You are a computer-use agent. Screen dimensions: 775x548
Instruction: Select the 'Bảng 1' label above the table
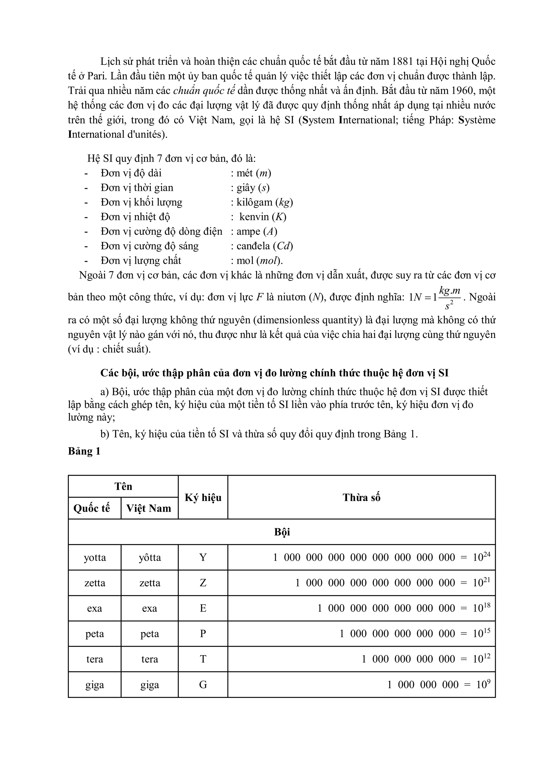[x=84, y=451]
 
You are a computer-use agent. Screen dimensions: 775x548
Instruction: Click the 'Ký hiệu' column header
[x=203, y=497]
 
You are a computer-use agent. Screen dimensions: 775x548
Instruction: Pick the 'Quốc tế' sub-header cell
[x=92, y=508]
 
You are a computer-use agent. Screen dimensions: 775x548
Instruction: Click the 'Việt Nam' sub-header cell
[x=149, y=508]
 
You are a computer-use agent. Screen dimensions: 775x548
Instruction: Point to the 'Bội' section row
[x=282, y=532]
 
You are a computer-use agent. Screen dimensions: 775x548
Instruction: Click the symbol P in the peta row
[x=203, y=634]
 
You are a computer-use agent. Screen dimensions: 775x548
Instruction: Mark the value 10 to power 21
[x=481, y=582]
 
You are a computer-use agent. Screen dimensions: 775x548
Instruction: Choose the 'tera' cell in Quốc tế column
[x=94, y=659]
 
